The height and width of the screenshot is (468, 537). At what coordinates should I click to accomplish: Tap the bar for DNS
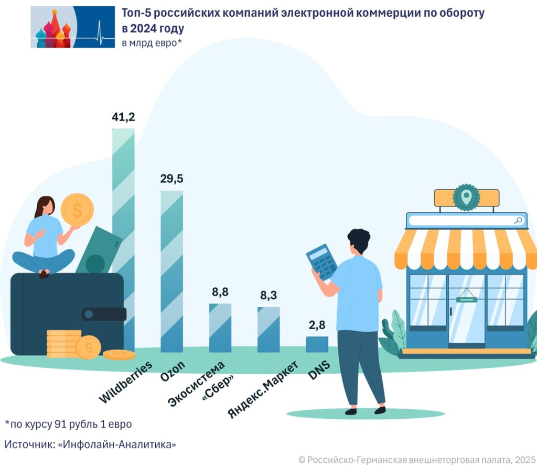tap(317, 344)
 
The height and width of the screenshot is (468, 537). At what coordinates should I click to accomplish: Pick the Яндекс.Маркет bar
tap(268, 330)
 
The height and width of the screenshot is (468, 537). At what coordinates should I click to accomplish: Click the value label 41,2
tap(123, 117)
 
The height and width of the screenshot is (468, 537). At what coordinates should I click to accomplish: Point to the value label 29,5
tap(171, 179)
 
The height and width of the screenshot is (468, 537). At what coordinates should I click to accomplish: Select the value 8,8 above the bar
tap(220, 292)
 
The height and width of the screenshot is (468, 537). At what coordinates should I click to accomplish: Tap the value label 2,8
tap(317, 325)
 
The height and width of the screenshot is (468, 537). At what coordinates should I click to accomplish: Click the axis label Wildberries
tap(126, 382)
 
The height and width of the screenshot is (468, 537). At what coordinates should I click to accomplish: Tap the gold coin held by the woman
tap(77, 210)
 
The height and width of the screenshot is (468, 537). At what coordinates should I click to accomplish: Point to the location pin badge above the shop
tap(466, 198)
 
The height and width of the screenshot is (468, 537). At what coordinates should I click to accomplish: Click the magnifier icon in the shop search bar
tap(518, 220)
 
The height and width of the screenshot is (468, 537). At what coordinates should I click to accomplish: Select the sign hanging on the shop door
tap(466, 299)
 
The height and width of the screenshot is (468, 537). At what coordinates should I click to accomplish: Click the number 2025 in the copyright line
tap(524, 459)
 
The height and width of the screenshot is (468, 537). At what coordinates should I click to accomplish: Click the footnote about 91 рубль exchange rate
tap(68, 423)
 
